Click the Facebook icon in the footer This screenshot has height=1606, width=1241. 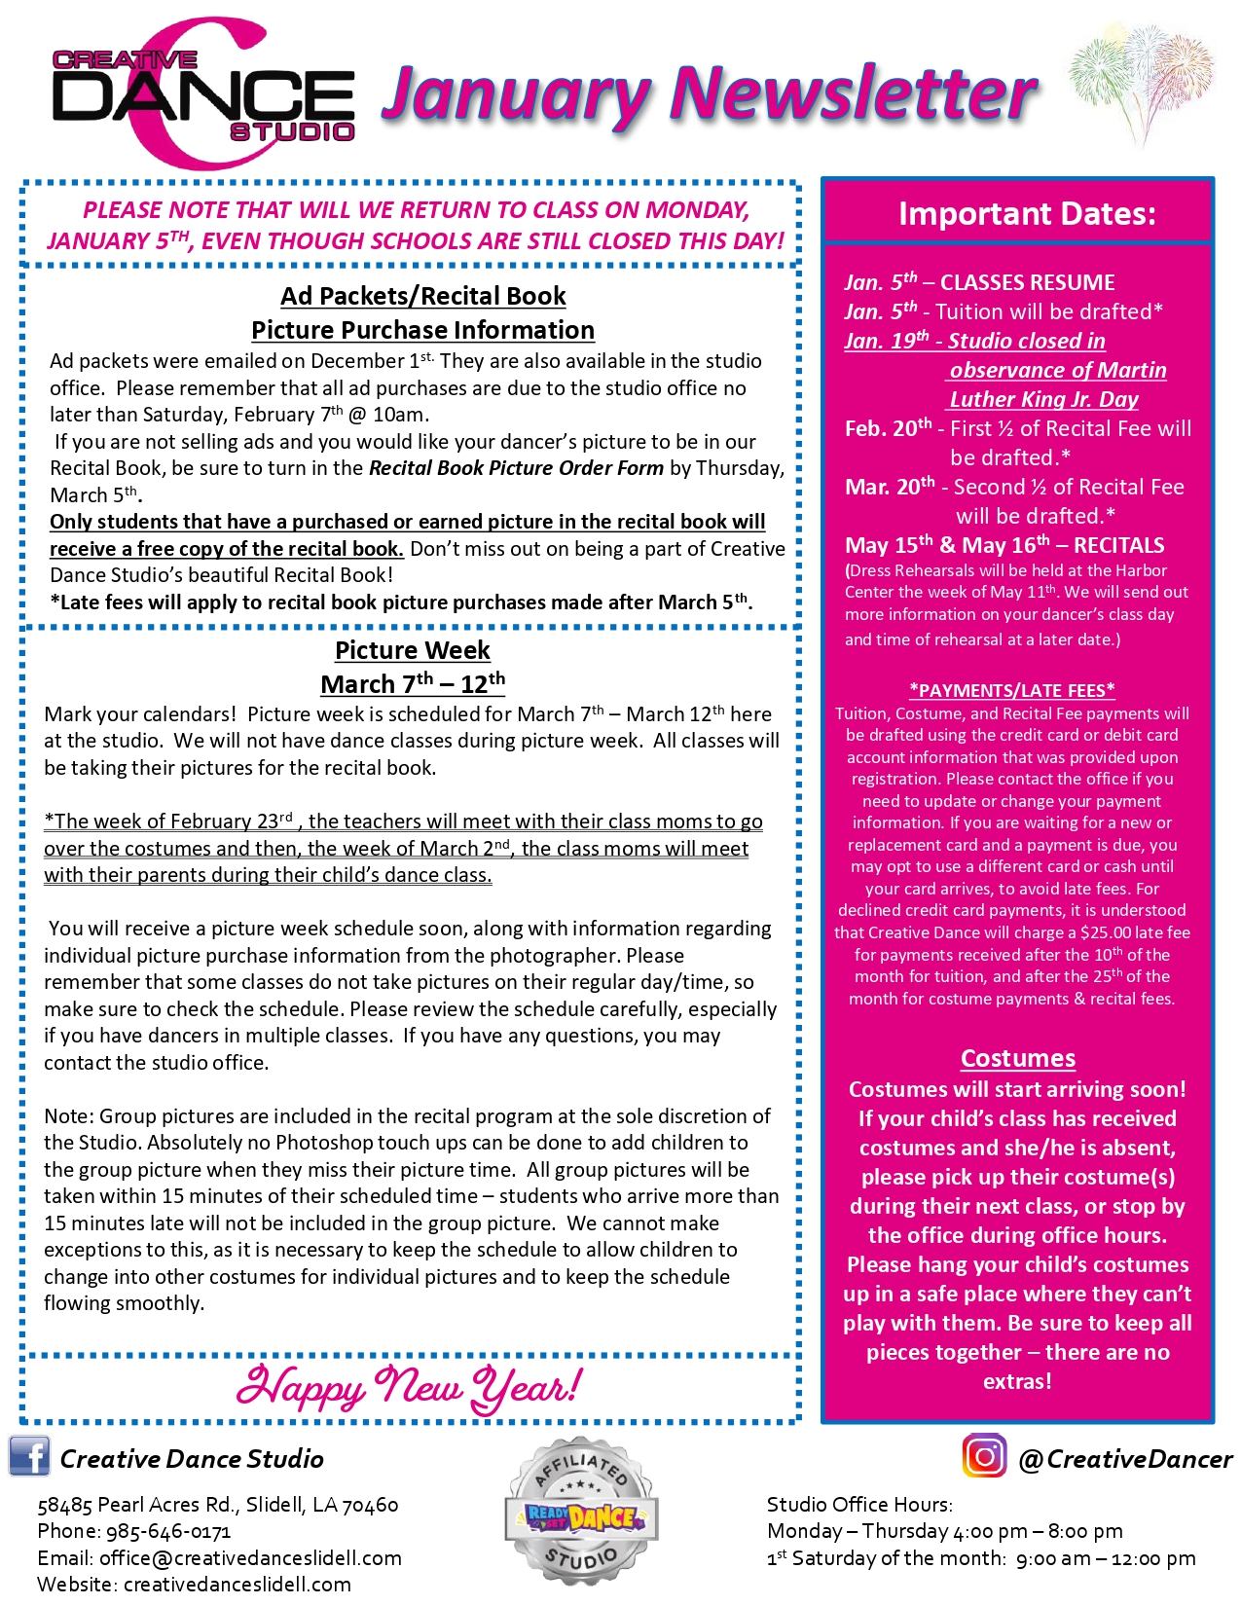(x=29, y=1457)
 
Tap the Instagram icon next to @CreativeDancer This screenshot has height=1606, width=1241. (x=984, y=1456)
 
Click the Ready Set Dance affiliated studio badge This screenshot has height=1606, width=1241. (x=581, y=1512)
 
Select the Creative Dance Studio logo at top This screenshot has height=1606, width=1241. (x=202, y=94)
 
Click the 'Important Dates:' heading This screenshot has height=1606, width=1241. (x=1027, y=214)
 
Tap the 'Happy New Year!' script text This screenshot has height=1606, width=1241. (x=410, y=1387)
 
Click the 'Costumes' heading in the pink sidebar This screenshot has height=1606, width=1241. (x=1017, y=1058)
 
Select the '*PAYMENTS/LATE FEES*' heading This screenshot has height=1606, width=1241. (x=1012, y=690)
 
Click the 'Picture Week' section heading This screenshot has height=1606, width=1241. (x=412, y=650)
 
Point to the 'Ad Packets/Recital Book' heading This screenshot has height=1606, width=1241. (x=422, y=296)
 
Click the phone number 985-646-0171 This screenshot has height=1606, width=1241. (x=168, y=1531)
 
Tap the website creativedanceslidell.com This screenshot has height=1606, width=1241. (x=237, y=1584)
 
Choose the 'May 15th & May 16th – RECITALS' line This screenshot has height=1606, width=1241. (x=1004, y=545)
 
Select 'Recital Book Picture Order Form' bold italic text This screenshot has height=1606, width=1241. (x=516, y=468)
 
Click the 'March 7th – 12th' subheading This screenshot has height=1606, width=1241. (x=412, y=684)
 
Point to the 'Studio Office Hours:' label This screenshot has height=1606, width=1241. (x=859, y=1505)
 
